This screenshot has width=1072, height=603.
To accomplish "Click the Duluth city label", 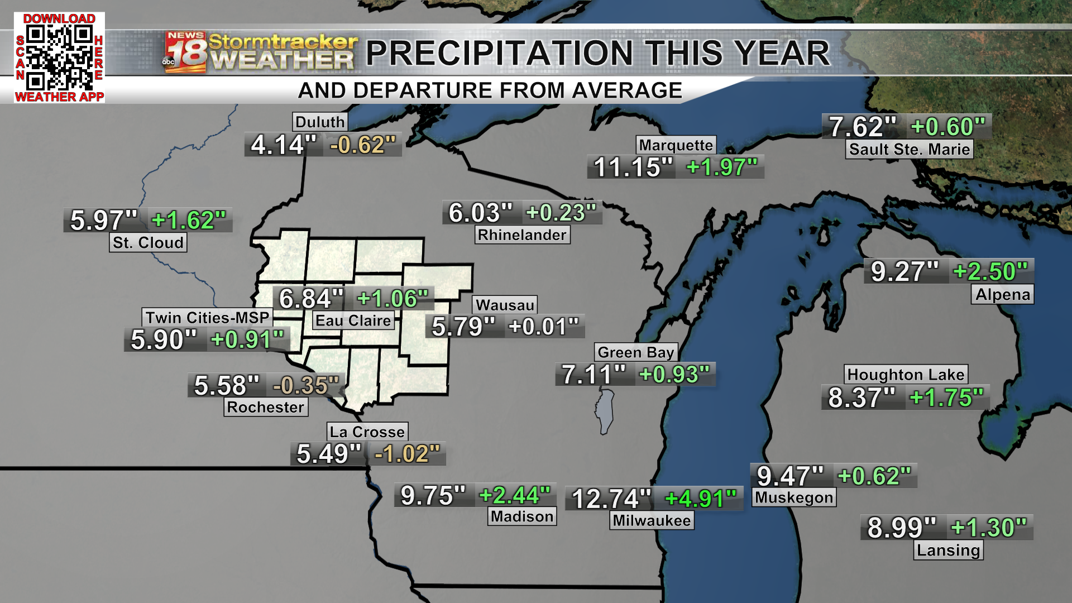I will click(320, 122).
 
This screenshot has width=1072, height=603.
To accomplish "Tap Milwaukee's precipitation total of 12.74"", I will click(611, 499).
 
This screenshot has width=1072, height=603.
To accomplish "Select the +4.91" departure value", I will click(701, 499).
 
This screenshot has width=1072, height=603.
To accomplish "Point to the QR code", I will click(59, 58).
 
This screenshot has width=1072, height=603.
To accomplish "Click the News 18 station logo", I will click(185, 52).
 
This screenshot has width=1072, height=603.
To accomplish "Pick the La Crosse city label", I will click(367, 432).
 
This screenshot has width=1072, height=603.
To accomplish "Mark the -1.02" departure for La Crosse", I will click(407, 453).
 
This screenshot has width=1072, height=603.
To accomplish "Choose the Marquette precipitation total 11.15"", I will click(633, 167).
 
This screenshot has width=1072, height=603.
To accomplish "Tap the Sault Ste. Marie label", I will click(909, 149).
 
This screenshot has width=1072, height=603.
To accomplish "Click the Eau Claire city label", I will click(353, 320).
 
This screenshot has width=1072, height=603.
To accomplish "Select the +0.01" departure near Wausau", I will click(544, 327).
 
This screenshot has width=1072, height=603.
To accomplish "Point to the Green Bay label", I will click(635, 352).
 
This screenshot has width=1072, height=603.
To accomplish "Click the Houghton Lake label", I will click(905, 374).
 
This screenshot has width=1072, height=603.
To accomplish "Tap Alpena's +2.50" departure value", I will click(990, 271).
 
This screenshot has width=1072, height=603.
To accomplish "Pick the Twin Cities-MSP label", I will click(207, 318).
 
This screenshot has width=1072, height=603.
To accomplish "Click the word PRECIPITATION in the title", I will click(499, 54).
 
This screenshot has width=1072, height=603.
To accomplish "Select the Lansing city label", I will click(948, 550).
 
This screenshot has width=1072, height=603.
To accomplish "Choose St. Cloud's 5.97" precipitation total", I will click(104, 220).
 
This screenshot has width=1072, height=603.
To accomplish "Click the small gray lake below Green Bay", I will click(605, 412).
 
